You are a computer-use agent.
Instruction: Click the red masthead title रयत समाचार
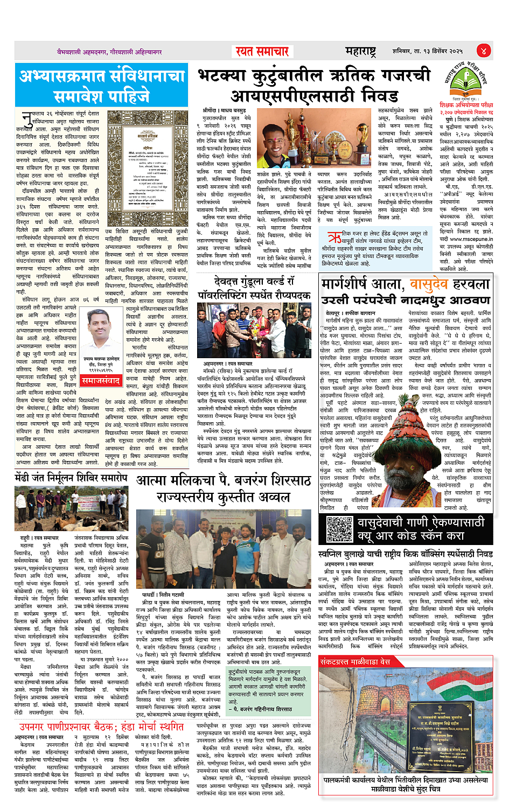pos(262,51)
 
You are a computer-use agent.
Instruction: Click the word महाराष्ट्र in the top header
pos(360,51)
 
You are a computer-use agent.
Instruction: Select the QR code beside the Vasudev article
pos(339,529)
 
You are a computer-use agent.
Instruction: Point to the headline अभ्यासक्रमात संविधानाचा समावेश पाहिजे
pos(102,85)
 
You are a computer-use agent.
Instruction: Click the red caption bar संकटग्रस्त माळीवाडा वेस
pos(355,661)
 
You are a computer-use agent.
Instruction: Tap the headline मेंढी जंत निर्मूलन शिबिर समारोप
pos(71,477)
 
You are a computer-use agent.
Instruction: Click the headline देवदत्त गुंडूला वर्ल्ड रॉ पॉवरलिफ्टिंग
pos(254,288)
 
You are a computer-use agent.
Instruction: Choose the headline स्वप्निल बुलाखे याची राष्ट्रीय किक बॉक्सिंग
pos(405,554)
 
